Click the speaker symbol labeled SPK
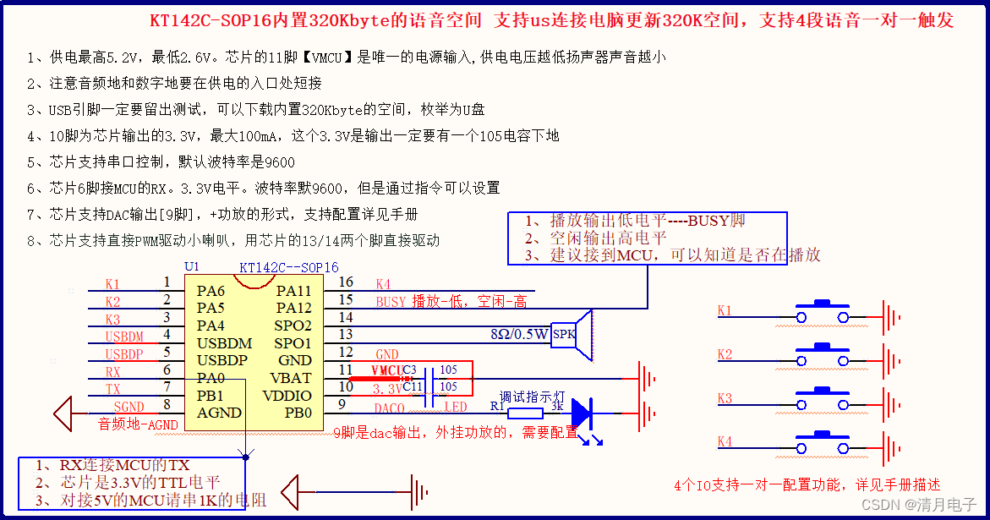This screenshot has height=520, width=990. pyautogui.click(x=572, y=335)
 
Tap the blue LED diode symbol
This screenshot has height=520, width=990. pyautogui.click(x=583, y=413)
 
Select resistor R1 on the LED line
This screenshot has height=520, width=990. pyautogui.click(x=525, y=413)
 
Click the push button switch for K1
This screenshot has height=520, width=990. pyautogui.click(x=819, y=314)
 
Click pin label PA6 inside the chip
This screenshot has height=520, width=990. pyautogui.click(x=211, y=291)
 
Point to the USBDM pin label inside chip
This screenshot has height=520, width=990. pyautogui.click(x=225, y=343)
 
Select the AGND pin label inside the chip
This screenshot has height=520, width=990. pyautogui.click(x=219, y=413)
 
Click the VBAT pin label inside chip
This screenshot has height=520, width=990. pyautogui.click(x=291, y=378)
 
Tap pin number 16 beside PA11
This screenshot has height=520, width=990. pyautogui.click(x=345, y=282)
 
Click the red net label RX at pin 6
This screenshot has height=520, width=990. pyautogui.click(x=112, y=371)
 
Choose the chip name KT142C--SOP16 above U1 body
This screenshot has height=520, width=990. pyautogui.click(x=288, y=267)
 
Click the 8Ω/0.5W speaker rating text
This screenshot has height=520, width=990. pyautogui.click(x=519, y=333)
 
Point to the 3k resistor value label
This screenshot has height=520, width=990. pyautogui.click(x=556, y=405)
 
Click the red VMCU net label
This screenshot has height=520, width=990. pyautogui.click(x=386, y=370)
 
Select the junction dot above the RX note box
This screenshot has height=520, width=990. pyautogui.click(x=245, y=457)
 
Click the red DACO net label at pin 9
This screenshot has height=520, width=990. pyautogui.click(x=389, y=408)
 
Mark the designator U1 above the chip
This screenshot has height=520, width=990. pyautogui.click(x=191, y=266)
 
